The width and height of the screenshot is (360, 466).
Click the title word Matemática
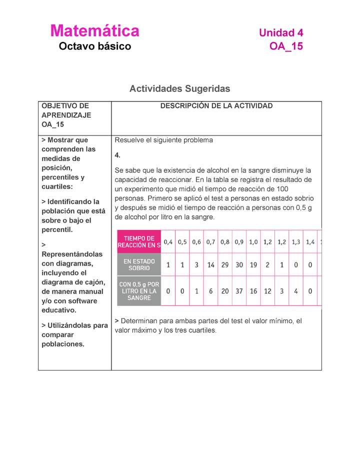pyautogui.click(x=94, y=31)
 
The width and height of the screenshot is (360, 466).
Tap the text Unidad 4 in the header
pyautogui.click(x=281, y=33)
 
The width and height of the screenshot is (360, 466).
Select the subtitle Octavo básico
pyautogui.click(x=94, y=46)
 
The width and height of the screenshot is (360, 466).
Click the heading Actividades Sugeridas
pyautogui.click(x=179, y=88)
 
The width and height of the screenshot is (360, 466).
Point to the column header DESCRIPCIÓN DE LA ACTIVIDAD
pyautogui.click(x=216, y=106)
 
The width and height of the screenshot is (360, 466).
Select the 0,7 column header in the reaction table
pyautogui.click(x=210, y=242)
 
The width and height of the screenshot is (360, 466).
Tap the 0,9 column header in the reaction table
pyautogui.click(x=239, y=242)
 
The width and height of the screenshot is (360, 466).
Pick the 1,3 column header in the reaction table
pyautogui.click(x=296, y=242)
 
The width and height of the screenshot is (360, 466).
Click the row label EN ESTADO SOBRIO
pyautogui.click(x=139, y=264)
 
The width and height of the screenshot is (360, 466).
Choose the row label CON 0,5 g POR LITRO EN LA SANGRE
pyautogui.click(x=139, y=290)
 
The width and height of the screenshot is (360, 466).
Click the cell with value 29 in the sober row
pyautogui.click(x=225, y=265)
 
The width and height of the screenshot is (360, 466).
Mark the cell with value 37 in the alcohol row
pyautogui.click(x=239, y=290)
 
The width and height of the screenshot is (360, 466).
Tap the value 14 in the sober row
pyautogui.click(x=210, y=265)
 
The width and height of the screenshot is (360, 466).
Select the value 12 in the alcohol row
pyautogui.click(x=267, y=290)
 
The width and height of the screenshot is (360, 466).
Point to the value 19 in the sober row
pyautogui.click(x=253, y=265)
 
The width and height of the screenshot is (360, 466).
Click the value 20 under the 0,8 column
pyautogui.click(x=225, y=290)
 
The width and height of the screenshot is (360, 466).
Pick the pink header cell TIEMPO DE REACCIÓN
pyautogui.click(x=139, y=241)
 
